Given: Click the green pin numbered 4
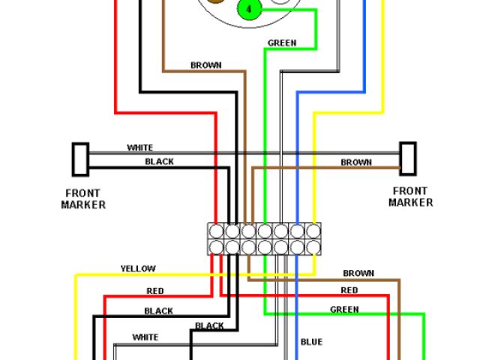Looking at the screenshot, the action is (250, 8).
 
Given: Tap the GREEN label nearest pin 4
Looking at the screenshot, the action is (282, 43).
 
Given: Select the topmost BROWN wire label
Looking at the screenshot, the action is (206, 65).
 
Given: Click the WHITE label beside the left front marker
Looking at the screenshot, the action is (140, 148).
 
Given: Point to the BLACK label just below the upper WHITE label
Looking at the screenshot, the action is (159, 161).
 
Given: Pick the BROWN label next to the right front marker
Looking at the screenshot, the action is (356, 162).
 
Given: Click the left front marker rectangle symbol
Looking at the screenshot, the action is (80, 160).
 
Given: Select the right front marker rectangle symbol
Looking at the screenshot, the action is (408, 158).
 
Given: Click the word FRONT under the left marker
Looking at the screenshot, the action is (82, 193).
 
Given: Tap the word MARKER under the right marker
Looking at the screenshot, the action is (411, 202).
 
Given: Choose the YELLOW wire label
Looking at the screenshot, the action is (138, 268).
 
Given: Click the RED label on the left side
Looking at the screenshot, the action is (155, 291).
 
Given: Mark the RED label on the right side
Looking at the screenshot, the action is (349, 290).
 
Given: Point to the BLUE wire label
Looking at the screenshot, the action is (312, 342).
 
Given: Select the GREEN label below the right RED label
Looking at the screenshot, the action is (344, 310).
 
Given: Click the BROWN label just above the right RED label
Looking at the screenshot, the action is (358, 273).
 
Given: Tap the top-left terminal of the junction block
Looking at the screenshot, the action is (217, 231).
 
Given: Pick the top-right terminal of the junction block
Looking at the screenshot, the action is (313, 231).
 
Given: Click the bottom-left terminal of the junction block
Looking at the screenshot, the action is (217, 247).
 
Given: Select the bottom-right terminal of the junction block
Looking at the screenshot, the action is (313, 247).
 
